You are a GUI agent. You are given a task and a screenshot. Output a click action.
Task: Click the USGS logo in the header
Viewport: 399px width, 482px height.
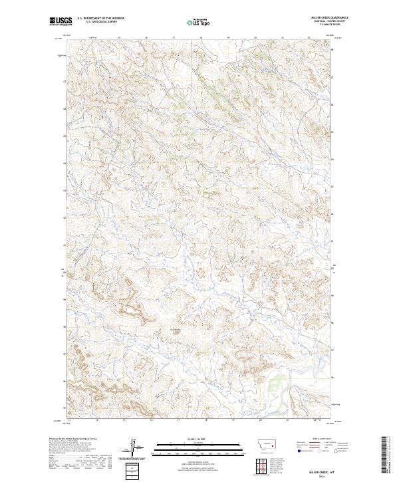[59, 22]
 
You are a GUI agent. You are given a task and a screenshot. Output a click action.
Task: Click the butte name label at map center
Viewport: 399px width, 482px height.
[176, 328]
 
